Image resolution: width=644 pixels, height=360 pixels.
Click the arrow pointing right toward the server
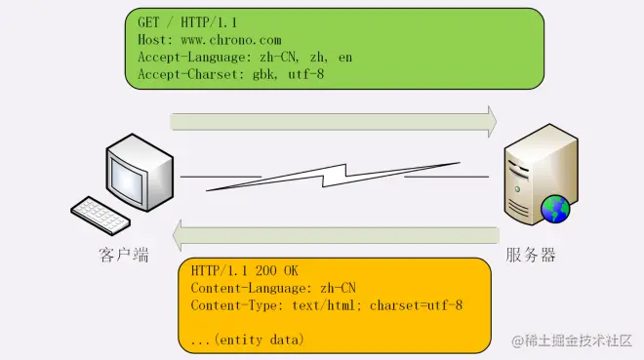point(333,120)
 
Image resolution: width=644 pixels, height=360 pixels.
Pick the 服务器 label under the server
point(532,256)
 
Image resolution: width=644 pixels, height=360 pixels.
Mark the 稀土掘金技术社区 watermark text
point(580,340)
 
